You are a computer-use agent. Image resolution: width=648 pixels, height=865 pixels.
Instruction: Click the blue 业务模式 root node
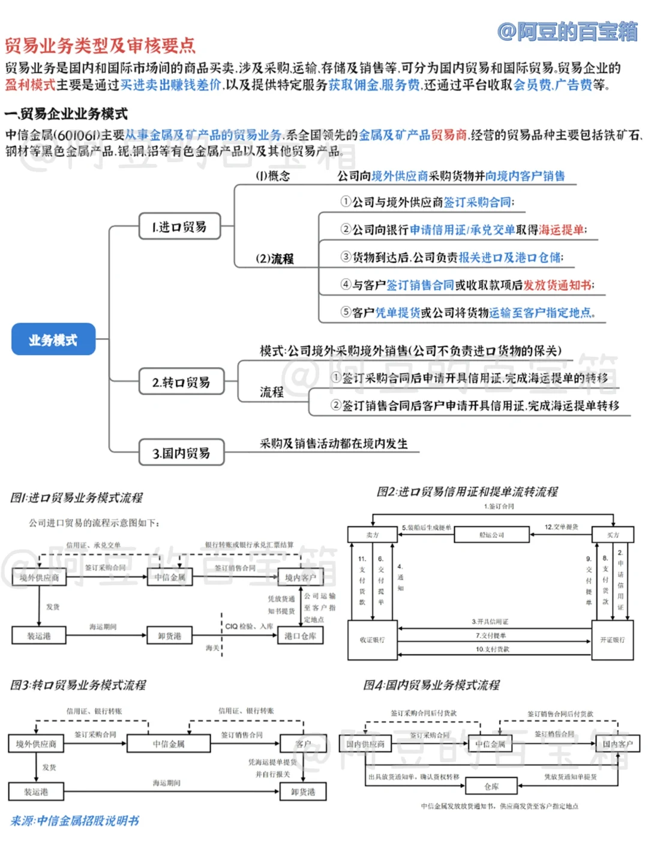53,339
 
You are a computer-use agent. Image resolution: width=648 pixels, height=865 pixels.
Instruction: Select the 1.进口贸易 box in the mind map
179,226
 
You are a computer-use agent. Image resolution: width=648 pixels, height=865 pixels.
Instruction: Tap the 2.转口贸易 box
181,382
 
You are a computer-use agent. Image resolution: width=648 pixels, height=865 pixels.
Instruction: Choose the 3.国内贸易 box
181,453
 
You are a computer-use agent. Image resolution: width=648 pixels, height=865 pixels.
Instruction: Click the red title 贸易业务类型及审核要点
100,46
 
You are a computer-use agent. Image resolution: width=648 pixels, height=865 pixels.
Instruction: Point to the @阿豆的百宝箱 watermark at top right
567,31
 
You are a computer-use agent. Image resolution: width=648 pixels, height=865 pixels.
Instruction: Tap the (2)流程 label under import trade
275,259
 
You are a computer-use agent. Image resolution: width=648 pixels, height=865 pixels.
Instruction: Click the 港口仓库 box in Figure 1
300,636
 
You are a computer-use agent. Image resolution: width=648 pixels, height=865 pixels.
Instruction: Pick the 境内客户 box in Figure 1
300,577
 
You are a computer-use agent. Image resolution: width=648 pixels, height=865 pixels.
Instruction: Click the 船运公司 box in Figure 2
491,535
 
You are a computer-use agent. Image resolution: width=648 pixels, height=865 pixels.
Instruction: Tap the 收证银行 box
372,640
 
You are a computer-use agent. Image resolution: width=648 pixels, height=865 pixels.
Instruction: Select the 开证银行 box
612,640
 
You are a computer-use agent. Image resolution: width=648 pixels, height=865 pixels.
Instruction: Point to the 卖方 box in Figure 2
372,535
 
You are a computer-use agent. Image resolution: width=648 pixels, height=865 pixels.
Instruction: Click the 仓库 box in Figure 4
491,786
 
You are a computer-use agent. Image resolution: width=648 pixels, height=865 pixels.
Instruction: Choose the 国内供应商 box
365,744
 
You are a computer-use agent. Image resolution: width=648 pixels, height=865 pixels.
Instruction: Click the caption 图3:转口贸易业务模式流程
78,685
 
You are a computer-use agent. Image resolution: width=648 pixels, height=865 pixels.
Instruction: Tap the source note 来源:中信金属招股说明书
75,821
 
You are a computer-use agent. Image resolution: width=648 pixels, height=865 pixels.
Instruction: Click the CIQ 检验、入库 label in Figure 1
249,626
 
